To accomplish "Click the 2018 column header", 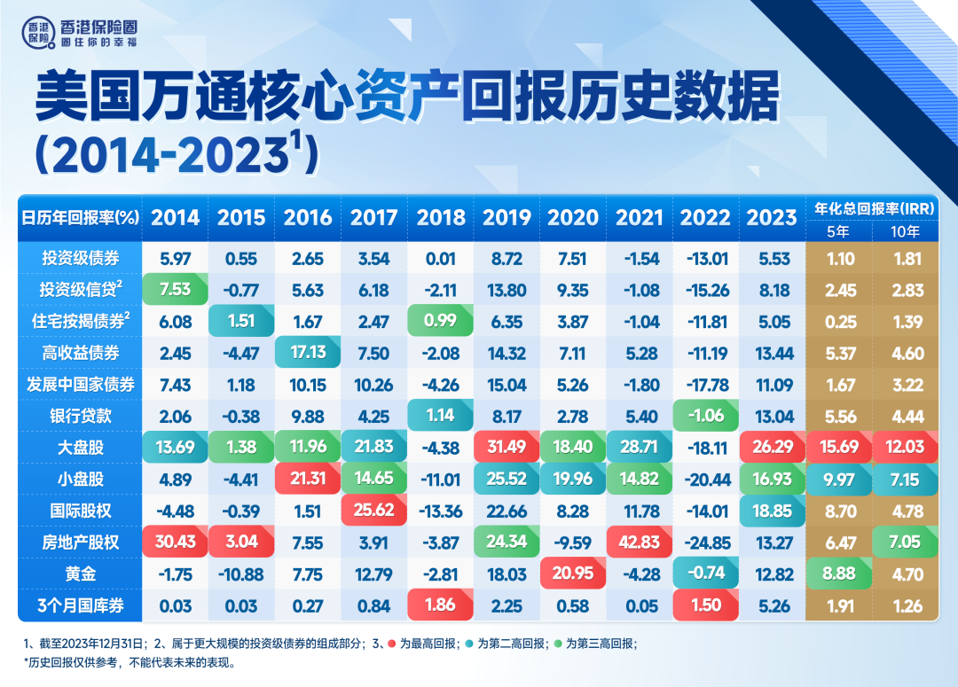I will click(x=441, y=218).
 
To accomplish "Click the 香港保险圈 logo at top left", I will click(x=79, y=35).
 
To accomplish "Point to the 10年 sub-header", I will click(x=906, y=231).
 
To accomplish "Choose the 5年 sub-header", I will click(x=836, y=231).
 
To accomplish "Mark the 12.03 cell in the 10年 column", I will click(x=906, y=448).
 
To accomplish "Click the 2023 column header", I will click(x=771, y=218).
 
